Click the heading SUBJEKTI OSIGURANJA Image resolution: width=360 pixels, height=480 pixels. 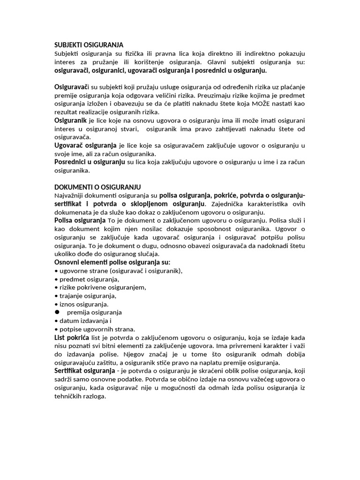[89, 45]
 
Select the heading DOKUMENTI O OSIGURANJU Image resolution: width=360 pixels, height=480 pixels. [97, 187]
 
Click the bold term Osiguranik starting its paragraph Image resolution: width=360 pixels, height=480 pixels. [74, 121]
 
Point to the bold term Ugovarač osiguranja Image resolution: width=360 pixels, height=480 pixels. [85, 146]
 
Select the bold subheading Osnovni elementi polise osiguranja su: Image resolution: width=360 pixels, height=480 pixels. [112, 262]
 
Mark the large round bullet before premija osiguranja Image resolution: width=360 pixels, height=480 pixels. [58, 312]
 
